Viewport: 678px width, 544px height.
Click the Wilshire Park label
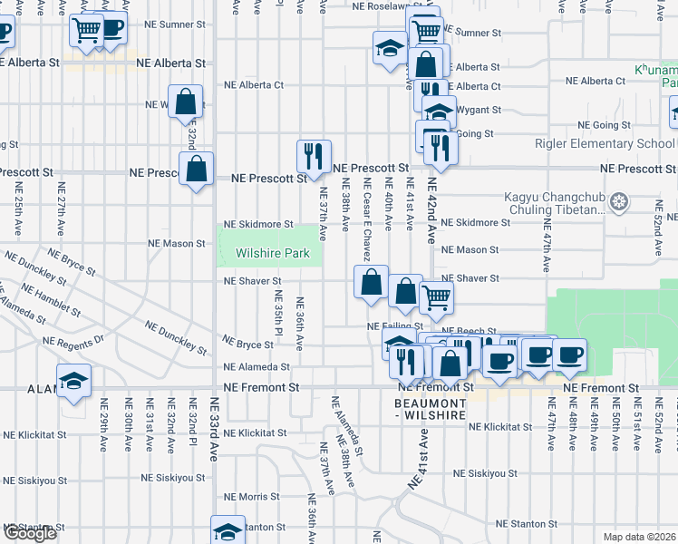268,255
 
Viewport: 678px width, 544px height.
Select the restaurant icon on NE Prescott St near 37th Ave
314,157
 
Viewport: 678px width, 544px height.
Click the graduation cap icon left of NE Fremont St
73,382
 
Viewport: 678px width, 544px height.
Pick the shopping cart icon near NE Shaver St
436,296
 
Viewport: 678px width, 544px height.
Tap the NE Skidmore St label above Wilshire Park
259,224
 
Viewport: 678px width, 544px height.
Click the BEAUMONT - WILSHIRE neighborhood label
430,408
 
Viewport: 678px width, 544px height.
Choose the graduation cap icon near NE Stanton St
228,532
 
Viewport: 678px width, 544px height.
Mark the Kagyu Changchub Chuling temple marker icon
620,200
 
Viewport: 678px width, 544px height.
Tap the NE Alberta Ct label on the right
596,81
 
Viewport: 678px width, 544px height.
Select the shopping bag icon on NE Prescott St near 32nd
196,170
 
